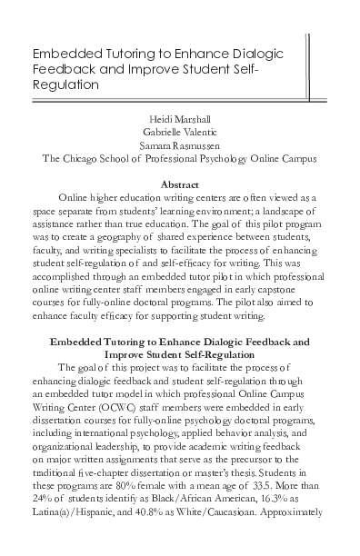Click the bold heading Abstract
point(179,184)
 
